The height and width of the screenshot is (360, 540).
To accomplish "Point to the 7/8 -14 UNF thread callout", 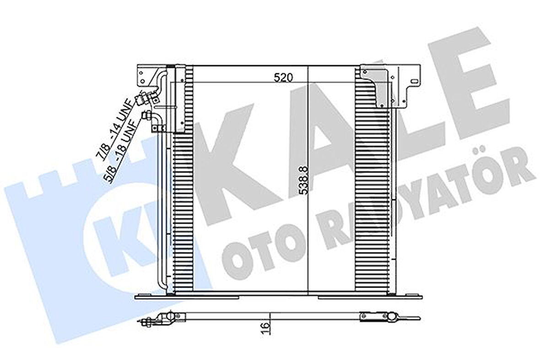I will click(113, 128).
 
